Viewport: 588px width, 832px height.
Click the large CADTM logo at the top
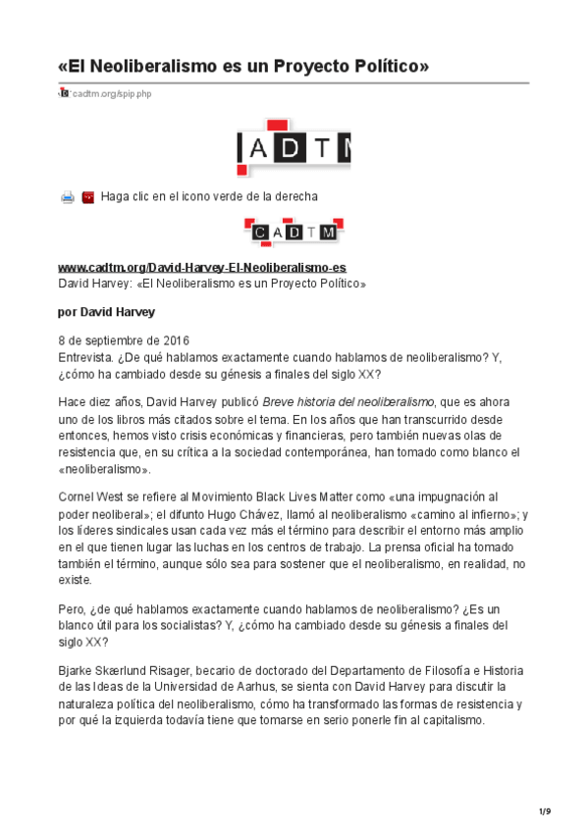[x=294, y=147]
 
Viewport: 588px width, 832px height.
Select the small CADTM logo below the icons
[x=294, y=232]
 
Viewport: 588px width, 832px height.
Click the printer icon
[x=68, y=197]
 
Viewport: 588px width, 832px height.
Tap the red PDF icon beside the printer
[x=87, y=197]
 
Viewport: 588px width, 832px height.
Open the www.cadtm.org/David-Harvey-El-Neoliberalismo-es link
[x=202, y=268]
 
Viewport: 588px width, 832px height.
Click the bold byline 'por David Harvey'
[x=107, y=313]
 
